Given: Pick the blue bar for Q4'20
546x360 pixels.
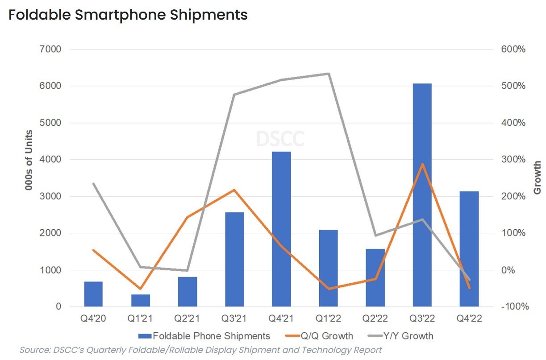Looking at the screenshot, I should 93,294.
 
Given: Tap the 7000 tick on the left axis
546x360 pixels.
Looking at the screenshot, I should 52,49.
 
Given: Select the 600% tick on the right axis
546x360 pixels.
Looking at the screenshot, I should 513,49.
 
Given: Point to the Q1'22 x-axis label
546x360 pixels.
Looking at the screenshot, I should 328,319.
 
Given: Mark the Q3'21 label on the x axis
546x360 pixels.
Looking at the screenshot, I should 234,319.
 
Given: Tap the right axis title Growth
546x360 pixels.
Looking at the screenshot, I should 537,178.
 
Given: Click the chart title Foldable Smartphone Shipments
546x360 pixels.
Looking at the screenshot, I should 128,15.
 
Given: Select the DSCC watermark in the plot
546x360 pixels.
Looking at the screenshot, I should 280,138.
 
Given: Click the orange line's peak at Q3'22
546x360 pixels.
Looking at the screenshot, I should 422,164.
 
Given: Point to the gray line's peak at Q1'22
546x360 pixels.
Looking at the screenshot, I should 329,74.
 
